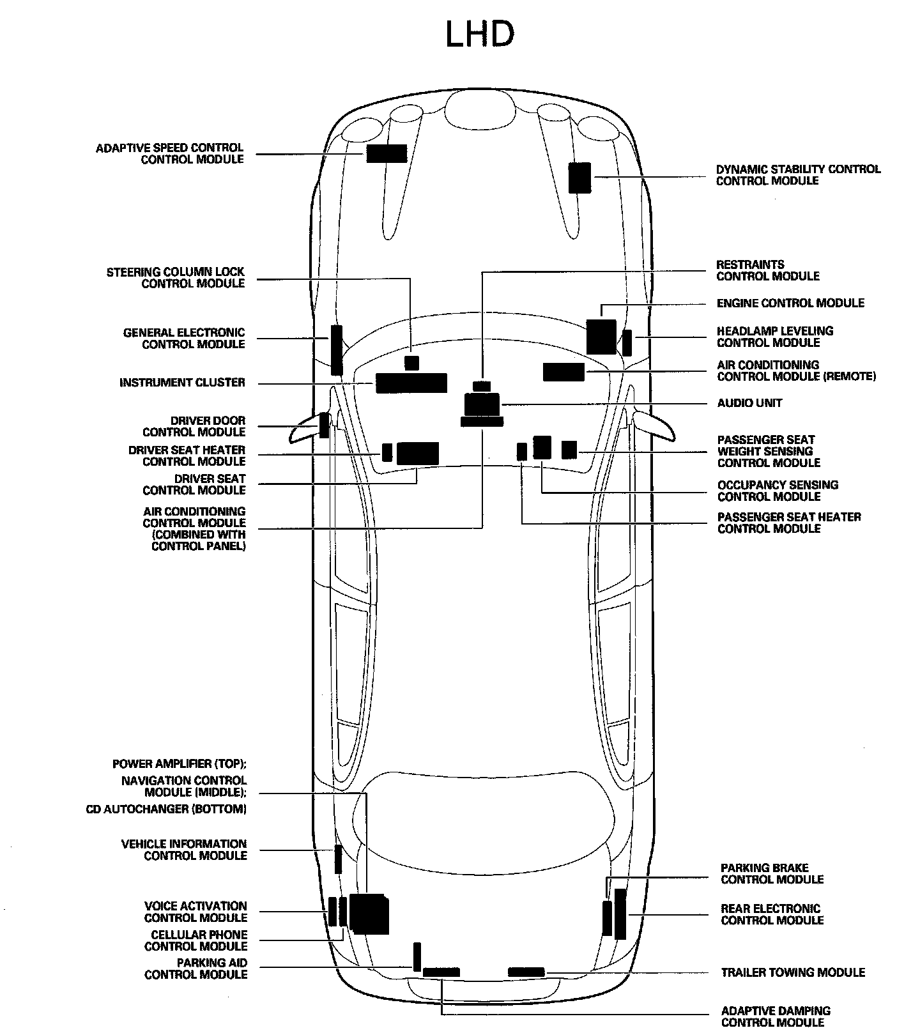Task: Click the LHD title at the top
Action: click(x=479, y=35)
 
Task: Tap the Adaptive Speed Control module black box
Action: click(x=387, y=153)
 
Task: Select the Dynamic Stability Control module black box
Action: click(x=579, y=178)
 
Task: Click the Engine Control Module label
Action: click(x=790, y=303)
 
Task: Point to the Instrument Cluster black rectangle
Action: click(x=411, y=383)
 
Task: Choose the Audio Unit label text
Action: click(x=749, y=403)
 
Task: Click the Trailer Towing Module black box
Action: click(x=526, y=972)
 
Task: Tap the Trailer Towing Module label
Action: click(x=793, y=972)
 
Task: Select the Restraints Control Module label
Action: click(x=767, y=270)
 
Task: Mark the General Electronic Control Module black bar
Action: click(x=336, y=349)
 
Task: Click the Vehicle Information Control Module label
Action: click(x=184, y=850)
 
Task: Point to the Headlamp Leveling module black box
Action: click(x=627, y=342)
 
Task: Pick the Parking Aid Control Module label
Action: click(x=196, y=969)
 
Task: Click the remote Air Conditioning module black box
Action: click(x=563, y=372)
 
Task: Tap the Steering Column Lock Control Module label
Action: click(x=176, y=278)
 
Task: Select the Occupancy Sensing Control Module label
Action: click(x=778, y=491)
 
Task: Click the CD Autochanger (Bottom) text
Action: click(x=166, y=809)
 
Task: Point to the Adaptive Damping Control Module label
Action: click(x=776, y=1016)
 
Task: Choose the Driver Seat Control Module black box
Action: click(x=418, y=453)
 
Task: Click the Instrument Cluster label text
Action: click(x=182, y=383)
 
